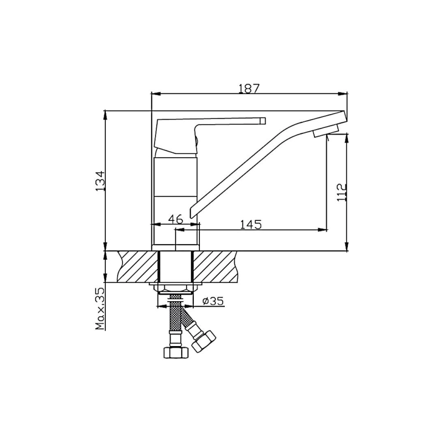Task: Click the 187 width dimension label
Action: coord(249,88)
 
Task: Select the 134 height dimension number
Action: coord(100,181)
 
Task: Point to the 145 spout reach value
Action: coord(250,224)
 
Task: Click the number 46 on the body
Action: coord(176,219)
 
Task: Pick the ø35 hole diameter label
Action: coord(213,301)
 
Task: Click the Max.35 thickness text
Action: coord(100,308)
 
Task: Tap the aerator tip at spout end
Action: coord(326,132)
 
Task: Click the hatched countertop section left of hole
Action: coord(137,267)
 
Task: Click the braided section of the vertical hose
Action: coord(175,321)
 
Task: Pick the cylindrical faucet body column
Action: coord(175,194)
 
